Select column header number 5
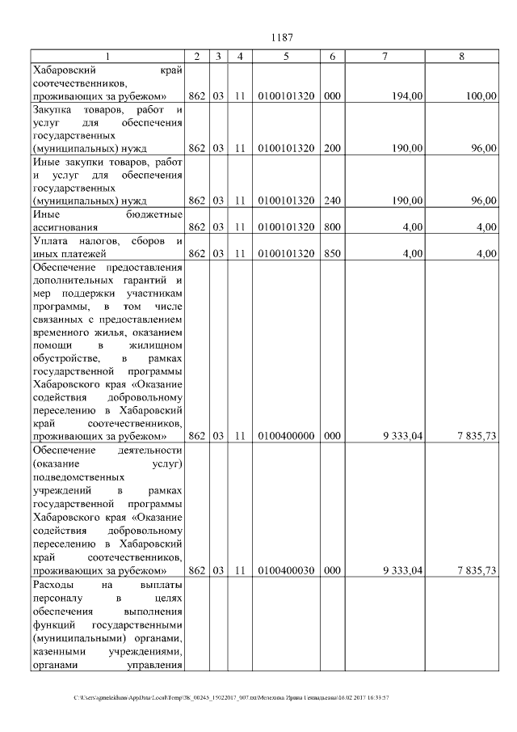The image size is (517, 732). tap(287, 56)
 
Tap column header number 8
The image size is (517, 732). tap(461, 56)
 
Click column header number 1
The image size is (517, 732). tap(108, 56)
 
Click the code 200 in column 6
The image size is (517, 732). tap(331, 149)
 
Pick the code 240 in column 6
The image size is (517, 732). tap(331, 201)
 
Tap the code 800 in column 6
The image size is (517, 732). tap(331, 227)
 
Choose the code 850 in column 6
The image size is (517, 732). tap(331, 253)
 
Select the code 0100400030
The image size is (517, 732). tap(287, 570)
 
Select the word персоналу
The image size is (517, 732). tap(57, 598)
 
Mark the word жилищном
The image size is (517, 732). tap(157, 345)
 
